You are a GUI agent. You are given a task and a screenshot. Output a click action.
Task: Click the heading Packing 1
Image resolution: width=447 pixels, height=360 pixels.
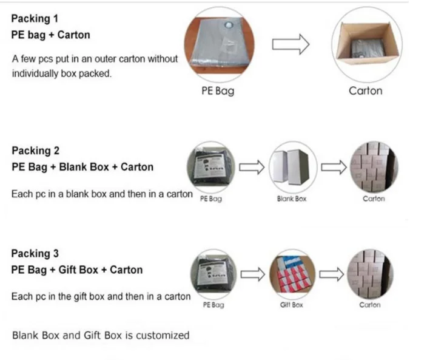[35, 19]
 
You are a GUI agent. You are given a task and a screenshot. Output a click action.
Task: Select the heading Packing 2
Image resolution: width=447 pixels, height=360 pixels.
[36, 151]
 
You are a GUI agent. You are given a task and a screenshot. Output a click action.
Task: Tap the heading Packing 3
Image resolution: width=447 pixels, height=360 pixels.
[35, 254]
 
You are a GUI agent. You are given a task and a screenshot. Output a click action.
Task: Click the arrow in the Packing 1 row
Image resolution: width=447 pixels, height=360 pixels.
[291, 44]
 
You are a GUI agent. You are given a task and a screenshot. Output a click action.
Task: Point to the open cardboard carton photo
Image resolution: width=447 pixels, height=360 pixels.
[367, 44]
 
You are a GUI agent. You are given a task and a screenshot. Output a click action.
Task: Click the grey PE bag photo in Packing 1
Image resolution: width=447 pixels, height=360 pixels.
[220, 45]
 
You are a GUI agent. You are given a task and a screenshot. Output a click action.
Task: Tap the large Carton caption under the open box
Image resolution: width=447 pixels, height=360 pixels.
[366, 91]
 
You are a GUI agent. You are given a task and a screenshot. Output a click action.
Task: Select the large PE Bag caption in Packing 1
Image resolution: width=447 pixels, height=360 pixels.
[218, 91]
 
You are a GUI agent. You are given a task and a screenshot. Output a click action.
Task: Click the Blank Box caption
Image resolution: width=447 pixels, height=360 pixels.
[292, 199]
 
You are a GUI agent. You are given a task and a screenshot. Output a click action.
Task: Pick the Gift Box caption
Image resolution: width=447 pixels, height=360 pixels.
[291, 305]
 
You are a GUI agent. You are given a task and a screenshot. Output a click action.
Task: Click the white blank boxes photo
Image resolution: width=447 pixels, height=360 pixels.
[293, 166]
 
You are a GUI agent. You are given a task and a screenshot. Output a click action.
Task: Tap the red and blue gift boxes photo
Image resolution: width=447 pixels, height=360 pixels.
[292, 274]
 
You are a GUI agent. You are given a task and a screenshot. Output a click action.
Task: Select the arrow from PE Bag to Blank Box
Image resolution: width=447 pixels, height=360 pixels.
[252, 167]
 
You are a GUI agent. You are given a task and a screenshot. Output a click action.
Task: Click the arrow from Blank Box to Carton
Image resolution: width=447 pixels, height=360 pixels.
[334, 167]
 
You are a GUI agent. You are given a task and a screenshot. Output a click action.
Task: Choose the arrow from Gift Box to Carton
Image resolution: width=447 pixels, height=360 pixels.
[332, 274]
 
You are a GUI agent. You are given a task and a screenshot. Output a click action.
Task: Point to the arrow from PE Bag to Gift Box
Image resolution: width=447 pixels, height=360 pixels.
[253, 274]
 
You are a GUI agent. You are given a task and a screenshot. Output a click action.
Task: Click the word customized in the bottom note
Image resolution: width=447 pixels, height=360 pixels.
[163, 336]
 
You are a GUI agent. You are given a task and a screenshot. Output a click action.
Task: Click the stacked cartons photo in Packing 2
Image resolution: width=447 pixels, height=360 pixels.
[374, 166]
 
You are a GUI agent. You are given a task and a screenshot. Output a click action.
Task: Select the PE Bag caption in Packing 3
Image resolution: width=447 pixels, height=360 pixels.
[213, 305]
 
